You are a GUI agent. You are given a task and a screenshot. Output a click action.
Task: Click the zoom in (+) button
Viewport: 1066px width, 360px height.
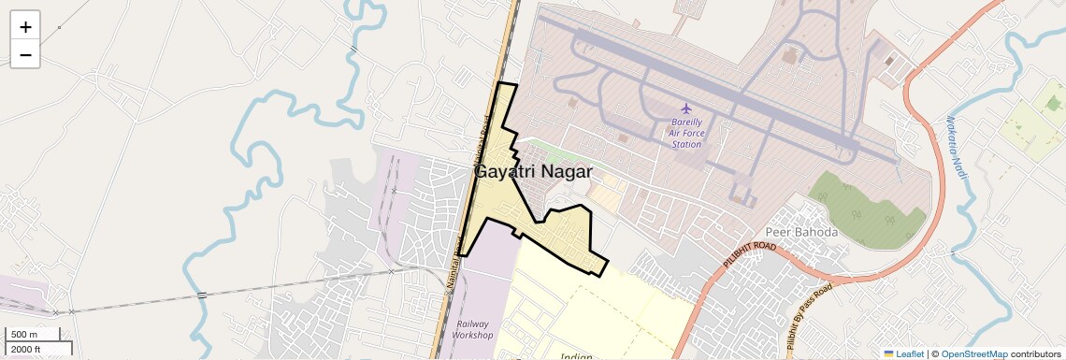[25, 27]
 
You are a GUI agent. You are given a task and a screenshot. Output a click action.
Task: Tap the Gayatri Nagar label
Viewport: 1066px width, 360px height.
[533, 172]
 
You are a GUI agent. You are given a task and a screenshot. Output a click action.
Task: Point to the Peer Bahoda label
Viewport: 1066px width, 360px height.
[801, 232]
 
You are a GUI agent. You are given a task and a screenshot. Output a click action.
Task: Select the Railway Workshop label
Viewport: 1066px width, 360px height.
[472, 328]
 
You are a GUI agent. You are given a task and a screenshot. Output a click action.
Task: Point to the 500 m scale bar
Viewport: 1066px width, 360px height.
[34, 334]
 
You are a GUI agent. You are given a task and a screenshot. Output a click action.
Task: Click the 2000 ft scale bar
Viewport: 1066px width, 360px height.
[37, 349]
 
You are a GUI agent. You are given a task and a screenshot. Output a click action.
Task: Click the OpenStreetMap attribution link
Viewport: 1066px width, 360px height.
[973, 353]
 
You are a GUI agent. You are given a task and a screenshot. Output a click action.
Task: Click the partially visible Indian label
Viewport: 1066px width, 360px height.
[577, 356]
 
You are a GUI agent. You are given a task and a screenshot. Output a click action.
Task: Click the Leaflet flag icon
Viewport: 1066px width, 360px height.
[888, 353]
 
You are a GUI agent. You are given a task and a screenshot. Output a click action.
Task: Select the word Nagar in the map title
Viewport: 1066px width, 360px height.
[565, 172]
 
